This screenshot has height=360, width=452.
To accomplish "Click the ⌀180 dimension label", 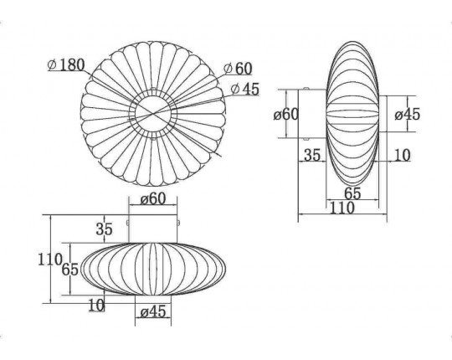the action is tap(66, 65).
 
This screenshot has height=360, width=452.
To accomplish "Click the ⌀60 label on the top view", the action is tap(238, 69).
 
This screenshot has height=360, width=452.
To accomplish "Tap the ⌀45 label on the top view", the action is tap(245, 90).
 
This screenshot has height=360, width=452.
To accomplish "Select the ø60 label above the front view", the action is tap(153, 199).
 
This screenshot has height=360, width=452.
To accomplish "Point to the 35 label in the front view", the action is tap(104, 229).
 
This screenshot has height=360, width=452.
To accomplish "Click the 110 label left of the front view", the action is tap(50, 260).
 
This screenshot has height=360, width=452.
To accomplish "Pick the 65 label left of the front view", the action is tap(70, 270).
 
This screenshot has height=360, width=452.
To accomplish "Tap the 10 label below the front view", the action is tap(96, 306).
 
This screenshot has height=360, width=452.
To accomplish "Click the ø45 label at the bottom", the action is tap(153, 312).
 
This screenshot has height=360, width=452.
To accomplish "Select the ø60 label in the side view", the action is tap(286, 115).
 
